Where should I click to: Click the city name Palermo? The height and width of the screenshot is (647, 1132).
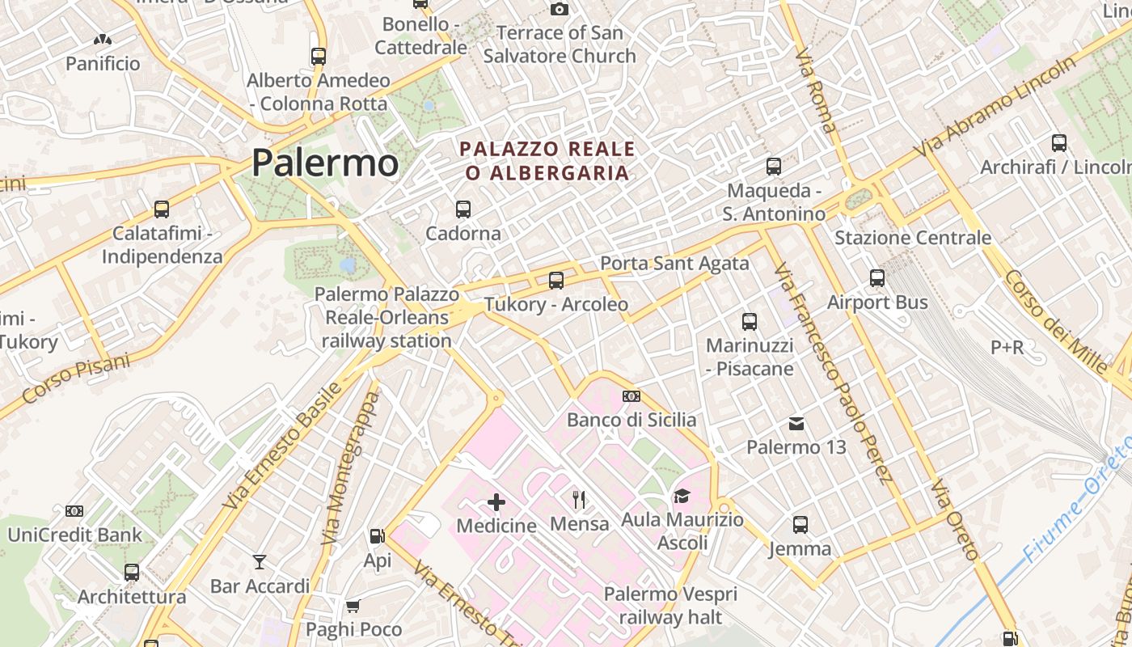pyautogui.click(x=324, y=163)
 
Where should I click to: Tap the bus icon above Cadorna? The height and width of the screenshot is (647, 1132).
pyautogui.click(x=463, y=209)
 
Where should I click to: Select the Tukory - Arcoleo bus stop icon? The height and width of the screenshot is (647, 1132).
pyautogui.click(x=556, y=281)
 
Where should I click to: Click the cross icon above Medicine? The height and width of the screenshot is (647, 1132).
pyautogui.click(x=496, y=502)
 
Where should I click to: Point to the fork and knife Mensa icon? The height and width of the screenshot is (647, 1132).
pyautogui.click(x=579, y=499)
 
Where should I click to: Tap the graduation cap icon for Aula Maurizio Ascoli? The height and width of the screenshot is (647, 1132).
pyautogui.click(x=682, y=496)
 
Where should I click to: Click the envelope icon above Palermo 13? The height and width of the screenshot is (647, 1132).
pyautogui.click(x=796, y=423)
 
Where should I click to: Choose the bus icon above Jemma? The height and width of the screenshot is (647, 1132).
pyautogui.click(x=800, y=525)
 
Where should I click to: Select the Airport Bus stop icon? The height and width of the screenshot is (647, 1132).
pyautogui.click(x=877, y=278)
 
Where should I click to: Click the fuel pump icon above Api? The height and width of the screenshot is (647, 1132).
pyautogui.click(x=377, y=535)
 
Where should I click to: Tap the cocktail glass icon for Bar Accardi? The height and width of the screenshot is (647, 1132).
pyautogui.click(x=260, y=561)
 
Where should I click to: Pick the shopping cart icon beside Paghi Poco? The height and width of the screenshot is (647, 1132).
pyautogui.click(x=353, y=606)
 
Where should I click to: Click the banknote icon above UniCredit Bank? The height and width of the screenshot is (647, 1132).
pyautogui.click(x=74, y=511)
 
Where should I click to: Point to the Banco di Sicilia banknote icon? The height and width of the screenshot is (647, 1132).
pyautogui.click(x=631, y=396)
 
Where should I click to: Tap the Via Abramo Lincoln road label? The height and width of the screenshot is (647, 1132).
pyautogui.click(x=996, y=106)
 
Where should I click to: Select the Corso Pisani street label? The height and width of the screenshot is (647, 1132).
pyautogui.click(x=76, y=378)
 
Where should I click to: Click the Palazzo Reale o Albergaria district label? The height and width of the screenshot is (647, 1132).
pyautogui.click(x=547, y=160)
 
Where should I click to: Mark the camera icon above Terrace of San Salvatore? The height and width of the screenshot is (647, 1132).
pyautogui.click(x=559, y=9)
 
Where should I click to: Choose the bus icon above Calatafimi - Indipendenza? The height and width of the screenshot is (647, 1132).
pyautogui.click(x=162, y=209)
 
